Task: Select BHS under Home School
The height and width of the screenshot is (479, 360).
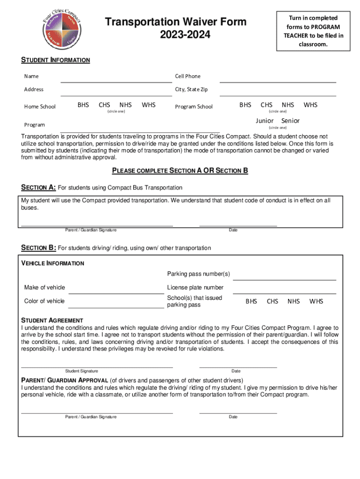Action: [x=83, y=105]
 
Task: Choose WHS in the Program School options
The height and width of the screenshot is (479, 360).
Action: [x=310, y=105]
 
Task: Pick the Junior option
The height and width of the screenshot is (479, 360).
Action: [x=265, y=121]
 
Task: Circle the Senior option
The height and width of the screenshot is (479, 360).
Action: [x=290, y=121]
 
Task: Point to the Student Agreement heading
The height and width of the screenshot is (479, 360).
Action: [x=52, y=320]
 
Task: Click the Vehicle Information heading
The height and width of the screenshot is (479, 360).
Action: [x=53, y=263]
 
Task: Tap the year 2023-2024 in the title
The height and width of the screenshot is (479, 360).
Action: [x=175, y=35]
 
